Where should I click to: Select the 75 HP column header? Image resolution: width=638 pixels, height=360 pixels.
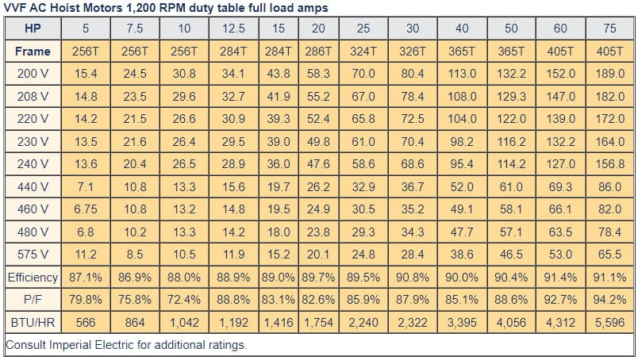click(x=609, y=29)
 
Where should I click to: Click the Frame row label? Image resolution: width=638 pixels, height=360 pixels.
click(x=33, y=51)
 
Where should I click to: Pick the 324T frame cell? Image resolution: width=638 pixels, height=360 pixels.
click(x=363, y=51)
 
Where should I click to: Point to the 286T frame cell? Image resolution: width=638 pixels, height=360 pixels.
click(x=318, y=51)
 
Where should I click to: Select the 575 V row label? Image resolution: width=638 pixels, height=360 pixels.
click(x=33, y=255)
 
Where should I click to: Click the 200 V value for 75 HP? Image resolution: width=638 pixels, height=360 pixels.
click(x=609, y=74)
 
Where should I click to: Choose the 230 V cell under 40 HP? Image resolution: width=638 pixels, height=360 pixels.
click(x=461, y=142)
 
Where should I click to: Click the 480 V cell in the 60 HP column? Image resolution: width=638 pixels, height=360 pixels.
click(x=560, y=232)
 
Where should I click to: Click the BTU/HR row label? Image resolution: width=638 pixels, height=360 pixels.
click(x=33, y=324)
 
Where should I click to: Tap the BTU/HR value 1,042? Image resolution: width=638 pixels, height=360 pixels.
click(x=183, y=324)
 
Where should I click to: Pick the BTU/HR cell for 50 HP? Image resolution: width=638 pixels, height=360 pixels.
click(x=511, y=324)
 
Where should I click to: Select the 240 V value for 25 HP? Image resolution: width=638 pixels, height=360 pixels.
click(x=363, y=164)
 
